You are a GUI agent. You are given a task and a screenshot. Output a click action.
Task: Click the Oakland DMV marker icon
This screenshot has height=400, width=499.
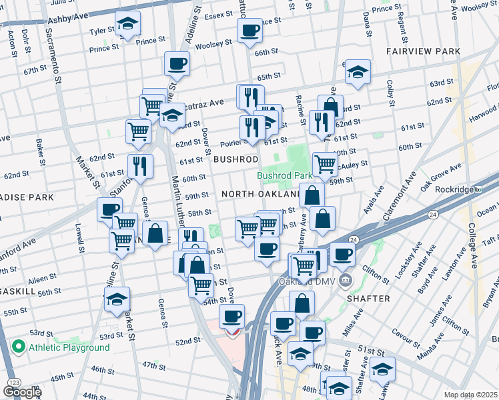(x=345, y=279)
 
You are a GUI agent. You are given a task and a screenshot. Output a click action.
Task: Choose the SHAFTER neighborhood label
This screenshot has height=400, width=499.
(x=368, y=299)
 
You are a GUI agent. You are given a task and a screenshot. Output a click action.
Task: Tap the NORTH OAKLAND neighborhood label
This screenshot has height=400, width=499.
(x=260, y=193)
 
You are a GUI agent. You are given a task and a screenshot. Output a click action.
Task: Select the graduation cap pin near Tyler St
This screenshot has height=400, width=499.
(x=127, y=25)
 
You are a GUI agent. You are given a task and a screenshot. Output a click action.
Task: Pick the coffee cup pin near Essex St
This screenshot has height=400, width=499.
(x=250, y=30)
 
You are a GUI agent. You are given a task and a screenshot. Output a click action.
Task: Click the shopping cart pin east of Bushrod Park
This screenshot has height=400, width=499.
(x=325, y=163)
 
